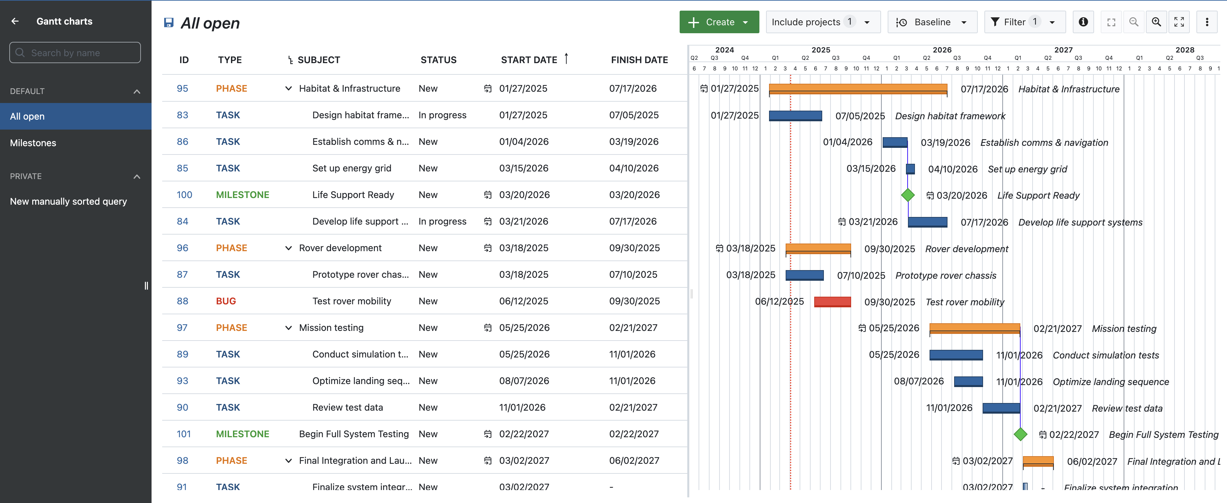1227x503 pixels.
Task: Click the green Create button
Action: pyautogui.click(x=718, y=22)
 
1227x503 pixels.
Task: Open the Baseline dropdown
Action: pyautogui.click(x=932, y=22)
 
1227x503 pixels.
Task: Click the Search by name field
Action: pyautogui.click(x=75, y=53)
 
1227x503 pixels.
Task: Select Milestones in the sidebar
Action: pyautogui.click(x=33, y=143)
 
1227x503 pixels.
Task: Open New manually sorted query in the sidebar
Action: pyautogui.click(x=68, y=201)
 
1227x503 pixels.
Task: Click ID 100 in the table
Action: pyautogui.click(x=184, y=195)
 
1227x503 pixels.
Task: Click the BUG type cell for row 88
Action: pyautogui.click(x=226, y=301)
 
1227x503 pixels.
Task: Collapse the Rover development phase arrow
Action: pyautogui.click(x=288, y=248)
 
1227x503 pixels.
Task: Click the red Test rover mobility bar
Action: pyautogui.click(x=832, y=302)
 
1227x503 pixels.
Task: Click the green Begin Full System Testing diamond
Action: pyautogui.click(x=1020, y=434)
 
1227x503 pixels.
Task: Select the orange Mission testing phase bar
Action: pyautogui.click(x=974, y=328)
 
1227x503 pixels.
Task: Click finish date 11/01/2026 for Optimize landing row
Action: pyautogui.click(x=632, y=381)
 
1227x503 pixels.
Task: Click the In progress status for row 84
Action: pyautogui.click(x=442, y=222)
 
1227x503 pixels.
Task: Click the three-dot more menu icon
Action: pyautogui.click(x=1206, y=22)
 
